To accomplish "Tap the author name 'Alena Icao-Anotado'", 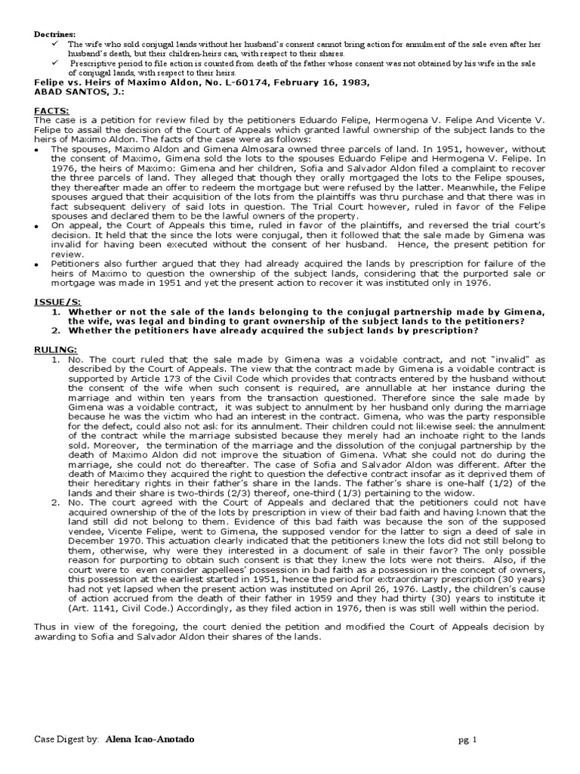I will [x=149, y=738].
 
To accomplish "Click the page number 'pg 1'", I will [x=468, y=739].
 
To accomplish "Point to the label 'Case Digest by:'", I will [x=66, y=738].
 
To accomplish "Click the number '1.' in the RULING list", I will [x=57, y=359].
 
